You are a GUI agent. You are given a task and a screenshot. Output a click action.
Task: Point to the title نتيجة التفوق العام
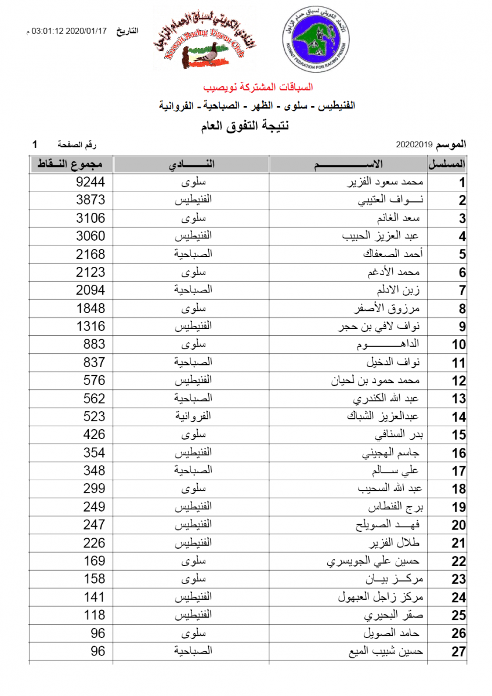pos(246,125)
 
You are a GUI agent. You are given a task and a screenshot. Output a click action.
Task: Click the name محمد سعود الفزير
pos(388,183)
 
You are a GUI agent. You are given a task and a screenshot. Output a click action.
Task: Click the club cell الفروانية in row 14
pos(194,416)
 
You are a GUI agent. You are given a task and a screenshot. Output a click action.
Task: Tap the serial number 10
pos(459,345)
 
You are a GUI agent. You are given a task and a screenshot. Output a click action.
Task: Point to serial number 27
pos(459,652)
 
